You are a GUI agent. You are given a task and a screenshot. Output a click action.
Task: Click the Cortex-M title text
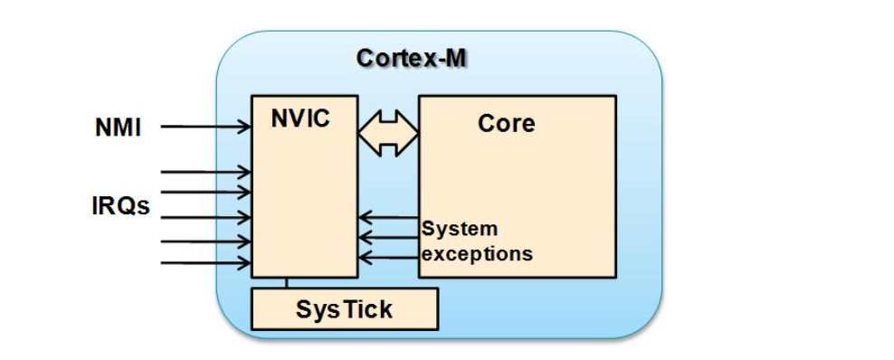coord(411,59)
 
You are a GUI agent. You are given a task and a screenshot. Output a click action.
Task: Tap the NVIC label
coord(300,118)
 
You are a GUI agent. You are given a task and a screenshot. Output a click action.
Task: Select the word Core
coord(507,123)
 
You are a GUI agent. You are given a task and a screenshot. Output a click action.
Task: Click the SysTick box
coord(345,308)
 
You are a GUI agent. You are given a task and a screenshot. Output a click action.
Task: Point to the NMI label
coord(118,128)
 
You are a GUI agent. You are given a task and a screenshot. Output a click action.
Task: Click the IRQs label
coord(120,205)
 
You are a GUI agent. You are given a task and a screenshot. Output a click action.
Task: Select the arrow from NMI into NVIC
coord(205,127)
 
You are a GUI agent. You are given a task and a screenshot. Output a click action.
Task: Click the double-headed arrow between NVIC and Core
coord(388,133)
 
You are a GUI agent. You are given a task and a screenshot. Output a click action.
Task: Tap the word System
coord(459,229)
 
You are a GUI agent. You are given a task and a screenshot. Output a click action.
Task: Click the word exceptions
coord(477,253)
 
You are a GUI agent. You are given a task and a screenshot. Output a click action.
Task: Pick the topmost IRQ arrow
coord(205,171)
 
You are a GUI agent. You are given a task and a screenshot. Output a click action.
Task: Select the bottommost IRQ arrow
coord(205,263)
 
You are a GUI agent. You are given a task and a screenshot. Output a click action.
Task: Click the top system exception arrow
coord(388,217)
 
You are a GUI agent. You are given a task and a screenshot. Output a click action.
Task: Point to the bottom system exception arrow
coord(388,258)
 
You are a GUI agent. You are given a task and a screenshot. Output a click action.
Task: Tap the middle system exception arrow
coord(388,236)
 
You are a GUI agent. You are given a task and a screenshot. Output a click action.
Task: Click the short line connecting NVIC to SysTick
coord(286,282)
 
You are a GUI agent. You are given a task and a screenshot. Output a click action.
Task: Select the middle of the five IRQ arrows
coord(205,217)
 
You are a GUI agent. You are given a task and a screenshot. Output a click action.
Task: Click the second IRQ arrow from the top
coord(205,192)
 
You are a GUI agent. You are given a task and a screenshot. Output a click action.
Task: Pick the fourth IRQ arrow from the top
coord(205,242)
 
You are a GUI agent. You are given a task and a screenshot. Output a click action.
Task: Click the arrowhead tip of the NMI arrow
coord(251,127)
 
